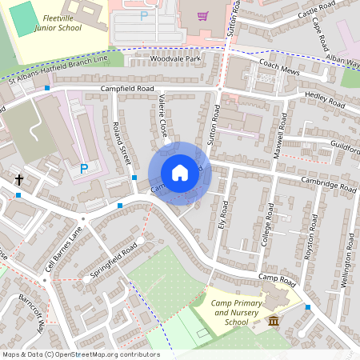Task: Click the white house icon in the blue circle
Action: pos(180,173)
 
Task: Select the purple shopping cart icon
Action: pos(202,15)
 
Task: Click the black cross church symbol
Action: pos(18,181)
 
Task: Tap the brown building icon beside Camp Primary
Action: pos(274,321)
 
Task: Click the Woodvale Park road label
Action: pos(174,59)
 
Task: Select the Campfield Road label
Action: pos(126,88)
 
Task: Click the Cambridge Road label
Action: pos(328,183)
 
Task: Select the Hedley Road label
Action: pos(325,101)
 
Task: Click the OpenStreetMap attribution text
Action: pos(80,354)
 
